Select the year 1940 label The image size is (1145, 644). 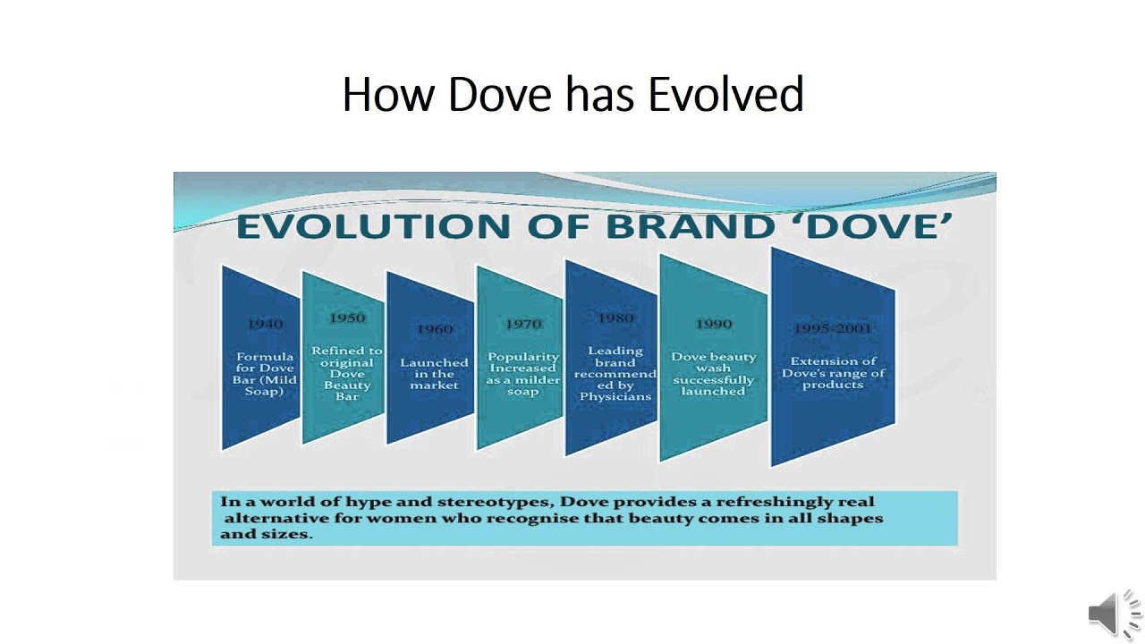pyautogui.click(x=264, y=324)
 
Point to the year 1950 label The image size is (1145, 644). pyautogui.click(x=347, y=318)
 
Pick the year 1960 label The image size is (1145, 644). pyautogui.click(x=434, y=329)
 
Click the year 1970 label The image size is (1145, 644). pyautogui.click(x=523, y=324)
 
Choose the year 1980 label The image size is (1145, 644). pyautogui.click(x=615, y=318)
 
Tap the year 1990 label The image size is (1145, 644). pyautogui.click(x=713, y=324)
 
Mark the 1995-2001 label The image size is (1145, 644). pyautogui.click(x=832, y=329)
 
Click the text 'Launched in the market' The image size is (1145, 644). pyautogui.click(x=434, y=374)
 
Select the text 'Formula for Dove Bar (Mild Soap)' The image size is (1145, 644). pyautogui.click(x=264, y=374)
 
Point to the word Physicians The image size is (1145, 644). pyautogui.click(x=615, y=396)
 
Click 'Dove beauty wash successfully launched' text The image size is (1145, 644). pyautogui.click(x=713, y=374)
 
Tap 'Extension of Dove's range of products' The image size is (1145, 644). pyautogui.click(x=832, y=373)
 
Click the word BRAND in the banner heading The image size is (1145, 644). pyautogui.click(x=689, y=226)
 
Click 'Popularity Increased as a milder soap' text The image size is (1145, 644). pyautogui.click(x=523, y=374)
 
